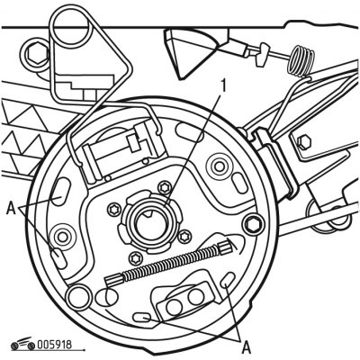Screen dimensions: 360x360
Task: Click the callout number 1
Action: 222,86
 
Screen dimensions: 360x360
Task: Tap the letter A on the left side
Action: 11,208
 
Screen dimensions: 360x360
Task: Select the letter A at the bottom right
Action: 247,348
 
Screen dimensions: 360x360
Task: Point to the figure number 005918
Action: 55,345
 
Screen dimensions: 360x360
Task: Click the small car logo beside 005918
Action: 23,344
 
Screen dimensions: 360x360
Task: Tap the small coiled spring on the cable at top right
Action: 301,61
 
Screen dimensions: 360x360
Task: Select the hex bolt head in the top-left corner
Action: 35,54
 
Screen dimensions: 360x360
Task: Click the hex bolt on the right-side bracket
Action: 304,141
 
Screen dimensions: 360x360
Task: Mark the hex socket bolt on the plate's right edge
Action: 255,223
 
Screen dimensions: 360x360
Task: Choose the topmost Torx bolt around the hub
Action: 165,187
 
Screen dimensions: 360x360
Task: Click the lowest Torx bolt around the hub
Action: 134,257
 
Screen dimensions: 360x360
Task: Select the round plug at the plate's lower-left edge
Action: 79,296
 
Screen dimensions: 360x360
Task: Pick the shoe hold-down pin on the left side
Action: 62,237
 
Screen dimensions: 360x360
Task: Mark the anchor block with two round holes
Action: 185,299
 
